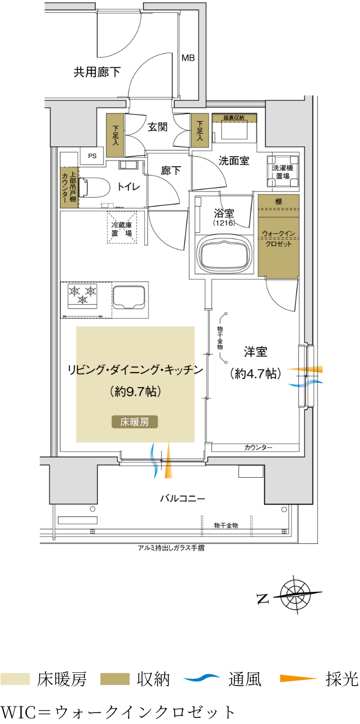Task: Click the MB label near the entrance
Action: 188,58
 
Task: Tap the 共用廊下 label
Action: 97,72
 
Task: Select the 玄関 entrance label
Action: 157,127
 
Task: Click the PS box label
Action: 93,156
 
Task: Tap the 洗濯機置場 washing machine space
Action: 283,172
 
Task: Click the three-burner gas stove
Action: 82,295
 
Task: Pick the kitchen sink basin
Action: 129,297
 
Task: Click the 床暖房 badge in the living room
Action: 135,422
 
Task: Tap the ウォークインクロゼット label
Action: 279,238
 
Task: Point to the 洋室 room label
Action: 256,352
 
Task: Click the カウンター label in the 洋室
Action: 258,447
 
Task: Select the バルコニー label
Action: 183,498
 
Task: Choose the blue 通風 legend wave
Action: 202,677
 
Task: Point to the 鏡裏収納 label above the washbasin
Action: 234,117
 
